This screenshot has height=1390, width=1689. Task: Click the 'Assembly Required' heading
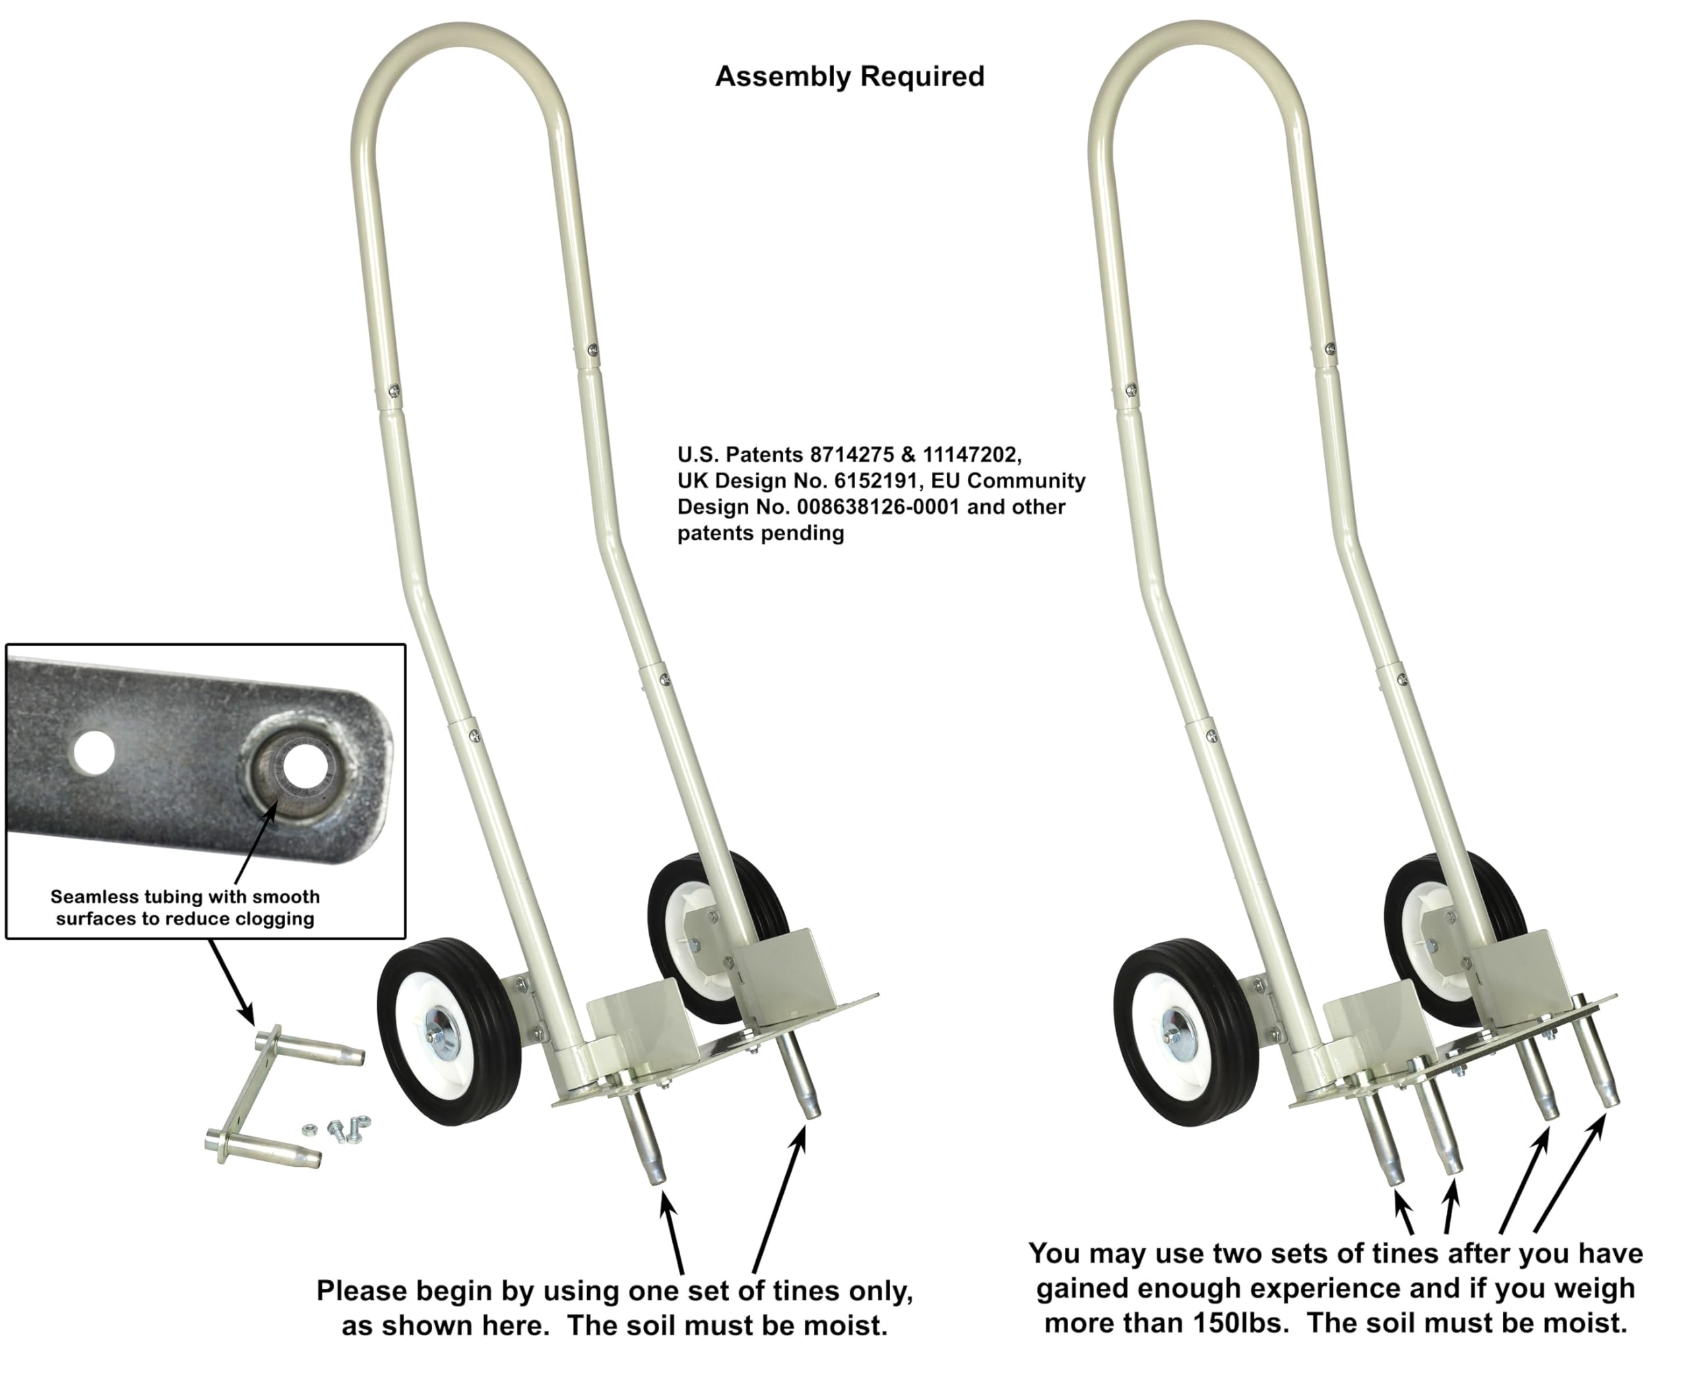(849, 77)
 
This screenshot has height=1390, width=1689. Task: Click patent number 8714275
(851, 455)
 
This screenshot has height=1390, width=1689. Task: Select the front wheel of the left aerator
(449, 1031)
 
